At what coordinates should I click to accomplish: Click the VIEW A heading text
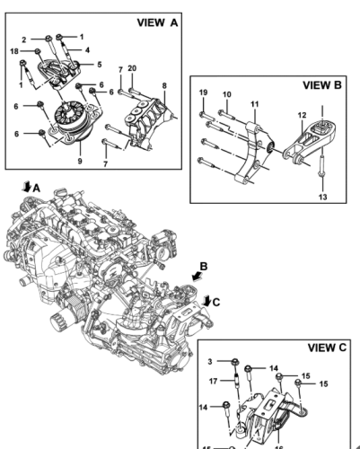tap(157, 22)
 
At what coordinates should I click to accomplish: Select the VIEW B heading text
tap(322, 85)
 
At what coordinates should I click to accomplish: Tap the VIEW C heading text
tap(327, 348)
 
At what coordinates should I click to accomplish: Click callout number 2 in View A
tap(24, 40)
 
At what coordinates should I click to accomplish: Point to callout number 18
tap(14, 51)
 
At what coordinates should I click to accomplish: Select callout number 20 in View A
tap(132, 68)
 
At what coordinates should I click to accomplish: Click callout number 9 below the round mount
tap(80, 161)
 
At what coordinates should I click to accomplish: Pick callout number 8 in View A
tap(164, 85)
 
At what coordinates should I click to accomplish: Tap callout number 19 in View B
tap(203, 92)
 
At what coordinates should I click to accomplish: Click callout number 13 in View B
tap(323, 197)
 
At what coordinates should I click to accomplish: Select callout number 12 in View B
tap(303, 115)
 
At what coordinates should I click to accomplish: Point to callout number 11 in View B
tap(255, 104)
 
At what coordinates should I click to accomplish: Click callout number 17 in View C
tap(213, 382)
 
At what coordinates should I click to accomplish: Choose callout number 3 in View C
tap(210, 362)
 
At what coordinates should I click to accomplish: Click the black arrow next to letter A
tap(27, 187)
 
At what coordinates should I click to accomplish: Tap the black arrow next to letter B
tap(197, 276)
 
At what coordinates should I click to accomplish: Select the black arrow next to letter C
tap(206, 301)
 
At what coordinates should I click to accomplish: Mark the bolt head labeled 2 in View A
tap(48, 39)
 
